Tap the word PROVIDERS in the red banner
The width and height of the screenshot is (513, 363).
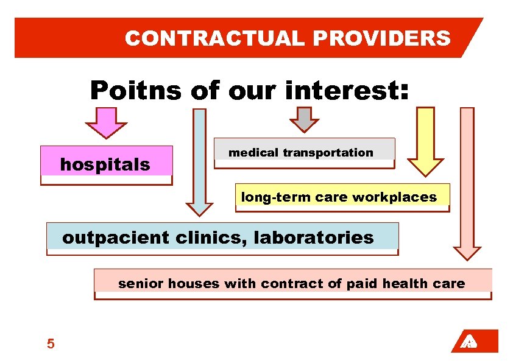[382, 38]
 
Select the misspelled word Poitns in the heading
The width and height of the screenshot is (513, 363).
[135, 91]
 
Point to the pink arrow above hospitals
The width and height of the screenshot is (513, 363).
[106, 122]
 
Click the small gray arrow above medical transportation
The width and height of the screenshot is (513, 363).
[303, 119]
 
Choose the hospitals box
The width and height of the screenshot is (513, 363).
[106, 164]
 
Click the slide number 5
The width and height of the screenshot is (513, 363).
[51, 344]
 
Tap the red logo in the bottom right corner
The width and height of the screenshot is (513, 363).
[475, 341]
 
